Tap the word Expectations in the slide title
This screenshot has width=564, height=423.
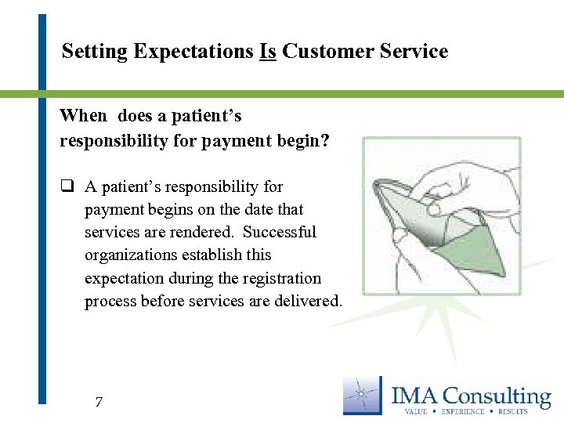coord(193,52)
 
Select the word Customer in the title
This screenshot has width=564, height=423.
coord(323,52)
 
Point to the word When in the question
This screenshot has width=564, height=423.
coord(83,116)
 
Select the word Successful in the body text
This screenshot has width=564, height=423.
coord(280,233)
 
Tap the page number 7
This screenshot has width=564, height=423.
coord(98,403)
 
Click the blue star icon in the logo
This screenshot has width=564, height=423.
coord(363,395)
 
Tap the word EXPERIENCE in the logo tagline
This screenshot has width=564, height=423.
coord(465,410)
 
